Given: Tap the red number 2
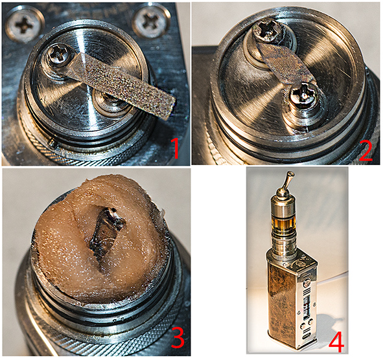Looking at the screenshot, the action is coord(366,151).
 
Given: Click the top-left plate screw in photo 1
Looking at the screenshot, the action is coord(23,25).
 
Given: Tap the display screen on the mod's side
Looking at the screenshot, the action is coord(307,308).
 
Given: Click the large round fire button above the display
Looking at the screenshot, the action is coord(307,284).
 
